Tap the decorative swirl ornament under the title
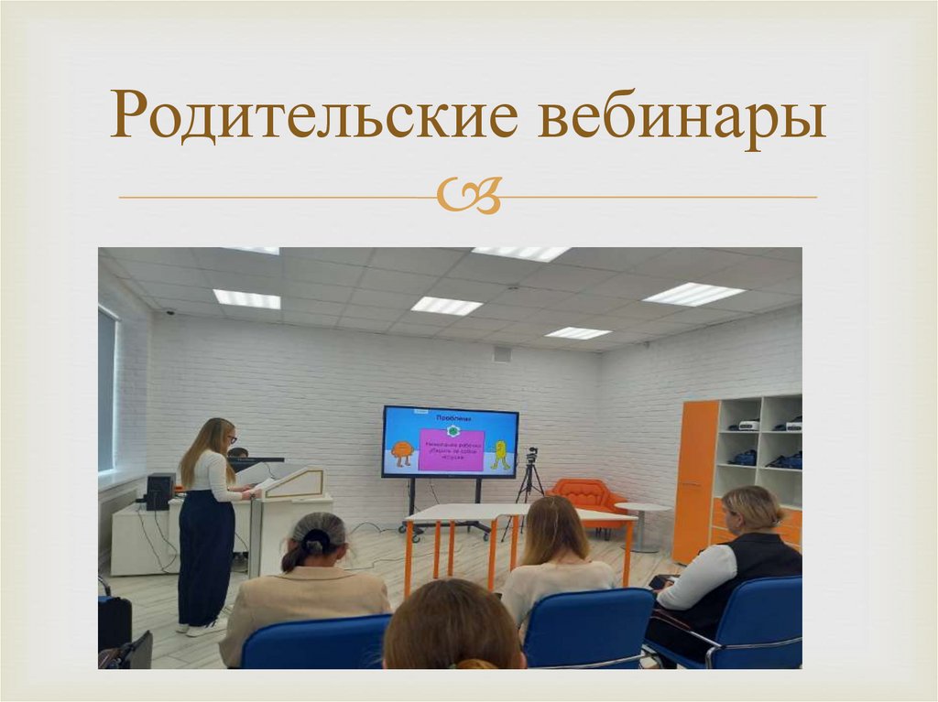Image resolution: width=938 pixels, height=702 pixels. coord(468,196)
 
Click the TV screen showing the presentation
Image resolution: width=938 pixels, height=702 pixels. coord(450,442)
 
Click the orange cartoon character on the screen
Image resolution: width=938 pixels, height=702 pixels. coord(401,453)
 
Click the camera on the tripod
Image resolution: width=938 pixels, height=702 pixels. coord(531,456)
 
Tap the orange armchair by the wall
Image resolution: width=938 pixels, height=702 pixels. coord(586,495)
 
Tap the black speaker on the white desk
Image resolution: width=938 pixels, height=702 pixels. coord(160,491)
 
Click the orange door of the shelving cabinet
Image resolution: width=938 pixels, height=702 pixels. coord(695,481)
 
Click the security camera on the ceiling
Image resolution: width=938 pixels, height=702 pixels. coord(169,312)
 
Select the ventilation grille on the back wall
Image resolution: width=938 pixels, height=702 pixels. coord(502,354)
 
